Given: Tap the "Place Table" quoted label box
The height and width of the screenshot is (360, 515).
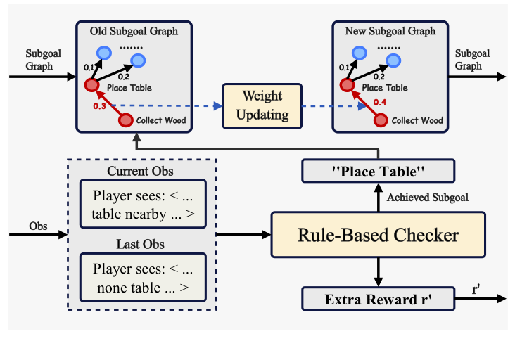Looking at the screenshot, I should pos(379,171).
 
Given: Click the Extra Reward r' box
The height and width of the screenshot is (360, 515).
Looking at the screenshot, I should pos(379,299).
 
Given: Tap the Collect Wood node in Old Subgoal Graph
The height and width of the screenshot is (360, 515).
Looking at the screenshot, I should pos(125,120).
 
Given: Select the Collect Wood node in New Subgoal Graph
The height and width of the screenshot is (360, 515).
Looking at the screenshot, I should pos(381,120).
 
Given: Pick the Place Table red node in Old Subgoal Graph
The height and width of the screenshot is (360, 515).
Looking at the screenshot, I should pos(91,86).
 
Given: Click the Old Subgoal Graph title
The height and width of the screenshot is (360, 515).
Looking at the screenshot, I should pos(134,32).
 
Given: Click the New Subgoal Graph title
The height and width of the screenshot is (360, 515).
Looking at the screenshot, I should pos(390,32).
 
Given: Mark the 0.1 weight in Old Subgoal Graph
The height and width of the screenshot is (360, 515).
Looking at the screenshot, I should pos(88,67).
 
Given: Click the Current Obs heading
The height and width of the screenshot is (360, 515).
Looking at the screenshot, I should pos(139,172).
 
